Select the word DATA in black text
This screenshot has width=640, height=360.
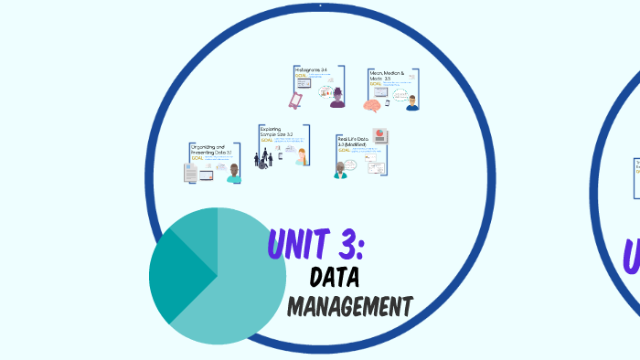point(335,277)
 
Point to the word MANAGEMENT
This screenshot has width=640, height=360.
point(350,306)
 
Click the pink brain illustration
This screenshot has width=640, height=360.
point(372,105)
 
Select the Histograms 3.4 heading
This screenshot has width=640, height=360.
point(311,69)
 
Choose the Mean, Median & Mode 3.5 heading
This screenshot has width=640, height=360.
point(386,75)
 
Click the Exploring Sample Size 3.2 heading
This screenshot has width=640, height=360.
point(276,132)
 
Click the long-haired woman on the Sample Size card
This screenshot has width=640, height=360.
point(303,157)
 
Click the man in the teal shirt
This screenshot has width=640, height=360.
point(234,173)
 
